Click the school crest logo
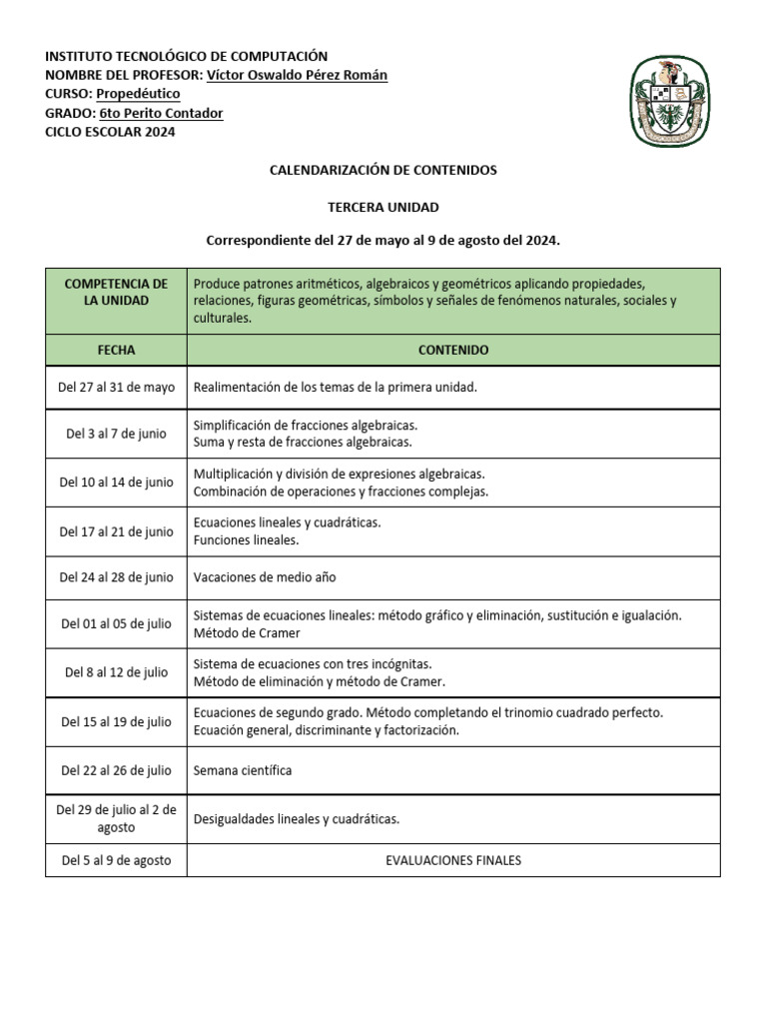tap(671, 99)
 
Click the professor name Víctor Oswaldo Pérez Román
tap(297, 75)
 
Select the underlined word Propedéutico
tap(138, 94)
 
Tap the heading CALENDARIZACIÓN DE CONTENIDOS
tap(383, 171)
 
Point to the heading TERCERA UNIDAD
tap(383, 207)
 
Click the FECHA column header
tap(116, 351)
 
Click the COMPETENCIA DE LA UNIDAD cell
tap(116, 292)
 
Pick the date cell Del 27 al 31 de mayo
tap(116, 387)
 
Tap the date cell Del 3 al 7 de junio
tap(116, 434)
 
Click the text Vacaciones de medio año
tap(272, 577)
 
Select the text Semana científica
tap(243, 770)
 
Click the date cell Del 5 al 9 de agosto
tap(116, 860)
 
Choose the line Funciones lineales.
tap(246, 540)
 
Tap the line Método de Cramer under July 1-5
tap(246, 632)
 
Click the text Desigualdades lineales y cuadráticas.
tap(296, 819)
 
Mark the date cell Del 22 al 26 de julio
tap(116, 770)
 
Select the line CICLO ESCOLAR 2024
tap(110, 132)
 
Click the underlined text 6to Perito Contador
tap(161, 113)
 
